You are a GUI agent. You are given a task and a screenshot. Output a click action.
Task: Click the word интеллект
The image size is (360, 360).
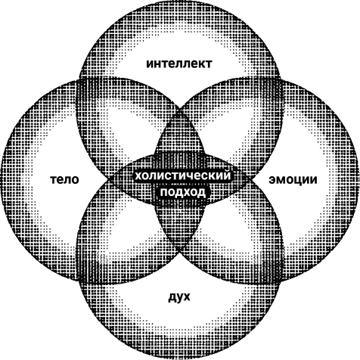pos(179,64)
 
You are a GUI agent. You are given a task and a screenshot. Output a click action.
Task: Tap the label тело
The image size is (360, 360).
pos(64,180)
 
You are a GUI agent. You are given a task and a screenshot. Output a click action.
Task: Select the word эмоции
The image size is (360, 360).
pos(293,180)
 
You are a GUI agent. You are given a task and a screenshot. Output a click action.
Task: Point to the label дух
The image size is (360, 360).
pos(179,298)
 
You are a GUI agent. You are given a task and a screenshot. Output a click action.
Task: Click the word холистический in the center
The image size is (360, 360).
pos(183,175)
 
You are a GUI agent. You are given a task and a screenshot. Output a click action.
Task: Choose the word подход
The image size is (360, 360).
pos(183,192)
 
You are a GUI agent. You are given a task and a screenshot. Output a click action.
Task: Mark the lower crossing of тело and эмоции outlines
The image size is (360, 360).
pos(179,249)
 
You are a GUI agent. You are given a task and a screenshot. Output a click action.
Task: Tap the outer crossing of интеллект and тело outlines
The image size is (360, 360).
pos(79,81)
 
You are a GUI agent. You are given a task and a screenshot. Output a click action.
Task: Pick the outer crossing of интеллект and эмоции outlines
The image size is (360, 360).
pos(281,80)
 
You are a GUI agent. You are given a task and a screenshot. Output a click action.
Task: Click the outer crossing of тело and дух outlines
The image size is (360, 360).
pos(79,280)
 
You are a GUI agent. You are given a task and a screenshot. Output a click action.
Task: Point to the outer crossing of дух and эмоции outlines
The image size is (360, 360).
pos(281,279)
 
